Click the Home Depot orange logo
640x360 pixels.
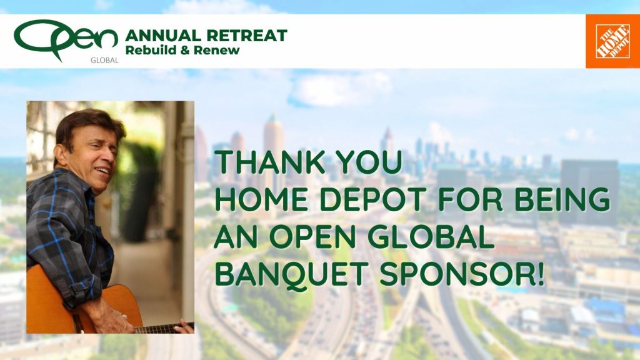point(612,41)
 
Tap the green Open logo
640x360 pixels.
point(66,39)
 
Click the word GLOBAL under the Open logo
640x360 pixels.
point(104,61)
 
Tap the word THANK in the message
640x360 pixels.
point(270,162)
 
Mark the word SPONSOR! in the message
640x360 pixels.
point(462,274)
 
